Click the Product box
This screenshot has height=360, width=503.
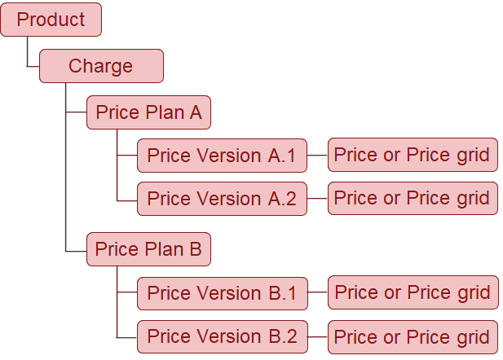pyautogui.click(x=51, y=20)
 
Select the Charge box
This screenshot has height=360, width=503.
pyautogui.click(x=101, y=66)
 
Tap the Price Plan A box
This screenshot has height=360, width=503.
pyautogui.click(x=148, y=112)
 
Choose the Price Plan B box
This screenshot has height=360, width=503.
pyautogui.click(x=148, y=249)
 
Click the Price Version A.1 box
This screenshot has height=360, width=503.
pyautogui.click(x=222, y=156)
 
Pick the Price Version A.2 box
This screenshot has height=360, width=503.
pyautogui.click(x=222, y=199)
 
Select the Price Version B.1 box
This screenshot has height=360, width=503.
pyautogui.click(x=223, y=293)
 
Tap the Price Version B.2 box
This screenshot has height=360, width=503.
pyautogui.click(x=223, y=336)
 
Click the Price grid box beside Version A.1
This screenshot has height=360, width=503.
pyautogui.click(x=413, y=155)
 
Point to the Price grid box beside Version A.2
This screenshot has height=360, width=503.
pyautogui.click(x=413, y=198)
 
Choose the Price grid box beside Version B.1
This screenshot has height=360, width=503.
pyautogui.click(x=413, y=292)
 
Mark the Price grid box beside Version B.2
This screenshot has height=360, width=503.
pyautogui.click(x=413, y=337)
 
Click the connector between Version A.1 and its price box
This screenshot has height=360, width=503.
pyautogui.click(x=317, y=155)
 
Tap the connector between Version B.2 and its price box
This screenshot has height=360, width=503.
pyautogui.click(x=318, y=336)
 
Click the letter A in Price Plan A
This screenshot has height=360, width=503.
pyautogui.click(x=196, y=112)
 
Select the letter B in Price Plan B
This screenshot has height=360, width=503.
pyautogui.click(x=196, y=249)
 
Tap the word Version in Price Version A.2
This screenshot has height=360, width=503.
pyautogui.click(x=229, y=199)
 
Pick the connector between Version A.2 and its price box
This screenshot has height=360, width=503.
pyautogui.click(x=317, y=199)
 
